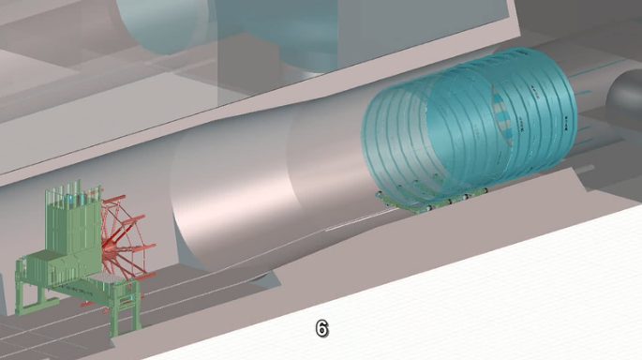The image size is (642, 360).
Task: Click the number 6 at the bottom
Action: tap(321, 328)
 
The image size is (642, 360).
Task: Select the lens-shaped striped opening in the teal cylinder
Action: tap(501, 116)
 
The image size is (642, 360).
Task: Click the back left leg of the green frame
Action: tap(20, 287)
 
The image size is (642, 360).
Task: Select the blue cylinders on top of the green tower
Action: tap(78, 200)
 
